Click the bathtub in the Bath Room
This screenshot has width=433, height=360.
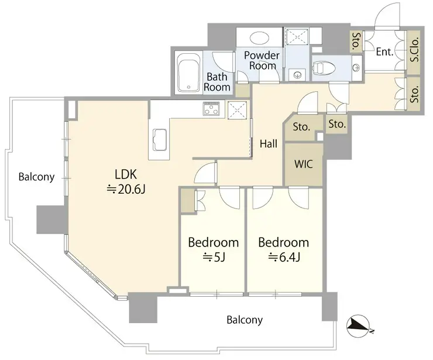(x=188, y=73)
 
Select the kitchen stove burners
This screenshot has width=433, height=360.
(x=212, y=108)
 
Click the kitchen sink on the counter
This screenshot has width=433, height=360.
(x=160, y=140)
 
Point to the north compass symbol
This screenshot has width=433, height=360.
(x=359, y=326)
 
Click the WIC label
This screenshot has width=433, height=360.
(x=304, y=164)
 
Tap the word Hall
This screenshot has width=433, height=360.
(x=269, y=143)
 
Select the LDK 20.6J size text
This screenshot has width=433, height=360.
(x=126, y=189)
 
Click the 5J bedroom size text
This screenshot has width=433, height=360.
(x=214, y=257)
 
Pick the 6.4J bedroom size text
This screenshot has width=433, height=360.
(x=284, y=257)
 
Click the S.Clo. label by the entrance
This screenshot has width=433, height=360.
(x=414, y=49)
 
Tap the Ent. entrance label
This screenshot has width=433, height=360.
(x=384, y=52)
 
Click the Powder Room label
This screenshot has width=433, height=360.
(x=262, y=60)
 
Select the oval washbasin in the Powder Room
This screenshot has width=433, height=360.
(x=260, y=37)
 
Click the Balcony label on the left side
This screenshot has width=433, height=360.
(x=36, y=177)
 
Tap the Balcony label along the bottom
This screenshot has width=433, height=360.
(x=245, y=320)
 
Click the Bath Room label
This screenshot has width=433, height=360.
(x=217, y=82)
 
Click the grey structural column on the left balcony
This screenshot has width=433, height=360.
(x=52, y=220)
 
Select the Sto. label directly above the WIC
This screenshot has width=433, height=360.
(x=301, y=127)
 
